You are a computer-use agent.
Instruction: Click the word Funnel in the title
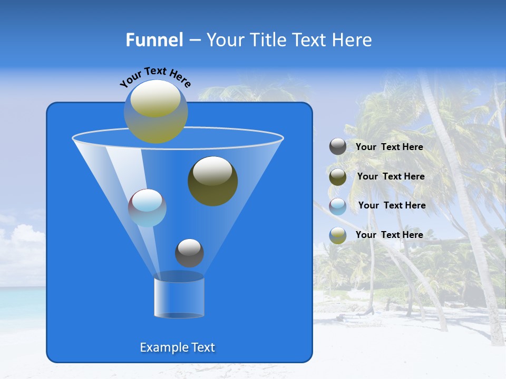click(x=154, y=40)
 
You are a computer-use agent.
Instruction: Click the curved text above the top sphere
click(x=155, y=77)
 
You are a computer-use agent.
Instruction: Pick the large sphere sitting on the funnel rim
click(x=155, y=111)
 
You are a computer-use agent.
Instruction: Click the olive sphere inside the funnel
click(x=212, y=181)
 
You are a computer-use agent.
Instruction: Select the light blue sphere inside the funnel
click(x=147, y=207)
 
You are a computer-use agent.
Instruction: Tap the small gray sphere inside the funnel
click(x=189, y=253)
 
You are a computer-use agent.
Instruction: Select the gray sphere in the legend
click(x=338, y=147)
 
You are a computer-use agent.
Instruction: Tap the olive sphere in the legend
click(x=338, y=177)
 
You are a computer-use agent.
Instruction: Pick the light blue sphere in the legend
click(x=338, y=206)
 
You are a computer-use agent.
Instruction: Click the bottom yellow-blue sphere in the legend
click(x=338, y=235)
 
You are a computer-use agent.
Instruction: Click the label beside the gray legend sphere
click(x=389, y=147)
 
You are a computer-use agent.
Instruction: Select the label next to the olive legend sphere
click(x=391, y=176)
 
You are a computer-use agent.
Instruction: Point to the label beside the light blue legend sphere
click(x=392, y=205)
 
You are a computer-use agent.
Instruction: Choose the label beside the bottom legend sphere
click(x=389, y=235)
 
